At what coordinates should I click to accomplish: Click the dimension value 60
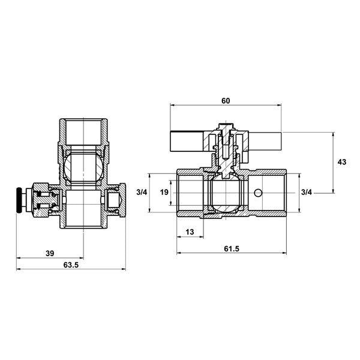pos(226,101)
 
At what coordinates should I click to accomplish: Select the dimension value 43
pos(341,162)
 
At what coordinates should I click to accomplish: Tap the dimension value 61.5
pos(232,248)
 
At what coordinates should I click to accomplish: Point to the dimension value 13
pos(190,232)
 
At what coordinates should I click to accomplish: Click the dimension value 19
pos(164,192)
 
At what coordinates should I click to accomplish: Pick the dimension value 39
pos(50,253)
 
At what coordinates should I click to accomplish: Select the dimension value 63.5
pos(71,265)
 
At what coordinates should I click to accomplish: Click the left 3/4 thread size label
pos(142,192)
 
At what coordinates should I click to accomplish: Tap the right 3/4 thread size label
pos(307,192)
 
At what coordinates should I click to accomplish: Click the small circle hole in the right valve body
pos(258,193)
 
